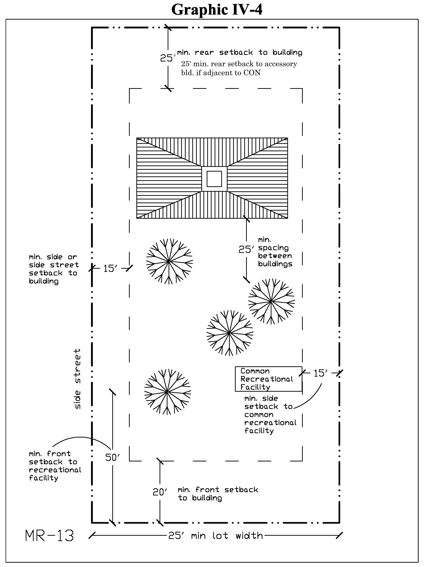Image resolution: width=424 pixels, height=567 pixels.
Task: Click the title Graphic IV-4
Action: [x=217, y=10]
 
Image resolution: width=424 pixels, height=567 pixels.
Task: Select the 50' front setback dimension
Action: [x=112, y=457]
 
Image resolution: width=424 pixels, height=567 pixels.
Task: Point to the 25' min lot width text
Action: [x=215, y=536]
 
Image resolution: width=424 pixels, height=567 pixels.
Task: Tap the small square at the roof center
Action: [x=214, y=179]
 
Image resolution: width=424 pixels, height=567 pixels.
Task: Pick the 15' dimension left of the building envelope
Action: [x=110, y=269]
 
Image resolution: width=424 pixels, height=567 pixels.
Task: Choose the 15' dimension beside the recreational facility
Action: [x=320, y=374]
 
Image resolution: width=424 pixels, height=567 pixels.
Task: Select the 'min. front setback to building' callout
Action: [x=218, y=494]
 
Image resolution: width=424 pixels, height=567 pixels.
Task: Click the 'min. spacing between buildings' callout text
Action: [x=275, y=252]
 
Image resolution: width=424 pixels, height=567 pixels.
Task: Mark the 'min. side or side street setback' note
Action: [x=53, y=269]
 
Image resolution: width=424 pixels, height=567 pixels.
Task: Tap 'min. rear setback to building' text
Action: [x=239, y=53]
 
